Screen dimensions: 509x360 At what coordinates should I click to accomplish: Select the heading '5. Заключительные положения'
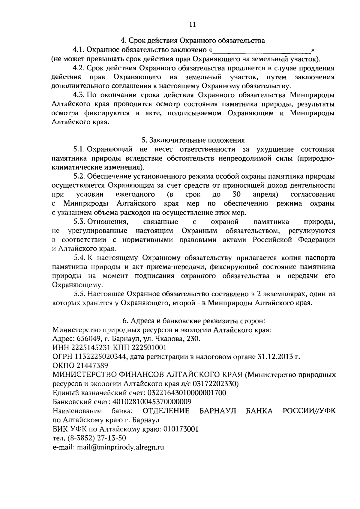click(193, 140)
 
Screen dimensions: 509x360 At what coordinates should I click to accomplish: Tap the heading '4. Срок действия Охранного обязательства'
click(193, 40)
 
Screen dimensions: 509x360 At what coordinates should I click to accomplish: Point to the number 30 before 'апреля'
click(237, 194)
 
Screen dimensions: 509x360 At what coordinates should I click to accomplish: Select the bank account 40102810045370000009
click(152, 402)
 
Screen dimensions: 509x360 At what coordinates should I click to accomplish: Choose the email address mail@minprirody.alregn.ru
click(120, 447)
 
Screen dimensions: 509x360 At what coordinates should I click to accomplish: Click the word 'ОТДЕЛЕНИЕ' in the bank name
click(166, 411)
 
